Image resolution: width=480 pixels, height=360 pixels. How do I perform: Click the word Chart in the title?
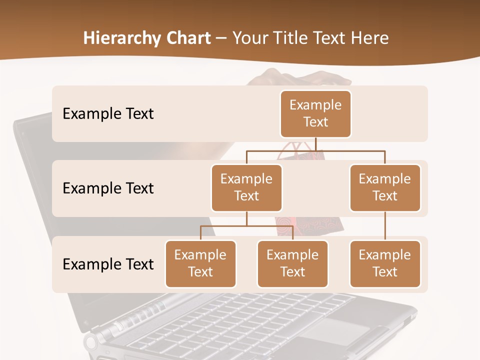187,38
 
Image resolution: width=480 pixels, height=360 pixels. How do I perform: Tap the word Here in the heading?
368,38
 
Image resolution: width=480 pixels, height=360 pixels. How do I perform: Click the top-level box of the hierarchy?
315,113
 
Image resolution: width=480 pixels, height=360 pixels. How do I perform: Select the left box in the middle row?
246,187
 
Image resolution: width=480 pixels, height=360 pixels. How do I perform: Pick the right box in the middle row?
385,187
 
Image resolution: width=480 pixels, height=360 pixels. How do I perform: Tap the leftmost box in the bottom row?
200,263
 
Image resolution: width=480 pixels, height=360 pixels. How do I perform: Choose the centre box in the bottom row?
292,263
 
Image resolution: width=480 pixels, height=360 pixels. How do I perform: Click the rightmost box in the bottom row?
385,263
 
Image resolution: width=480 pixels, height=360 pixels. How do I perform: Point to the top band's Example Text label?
108,114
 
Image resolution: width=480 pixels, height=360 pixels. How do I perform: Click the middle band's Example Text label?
108,188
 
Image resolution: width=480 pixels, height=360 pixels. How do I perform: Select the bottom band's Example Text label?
108,264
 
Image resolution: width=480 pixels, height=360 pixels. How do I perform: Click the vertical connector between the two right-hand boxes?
385,226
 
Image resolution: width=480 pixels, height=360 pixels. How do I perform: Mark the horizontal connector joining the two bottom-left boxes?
246,226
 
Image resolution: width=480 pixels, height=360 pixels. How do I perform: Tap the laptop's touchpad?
334,331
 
